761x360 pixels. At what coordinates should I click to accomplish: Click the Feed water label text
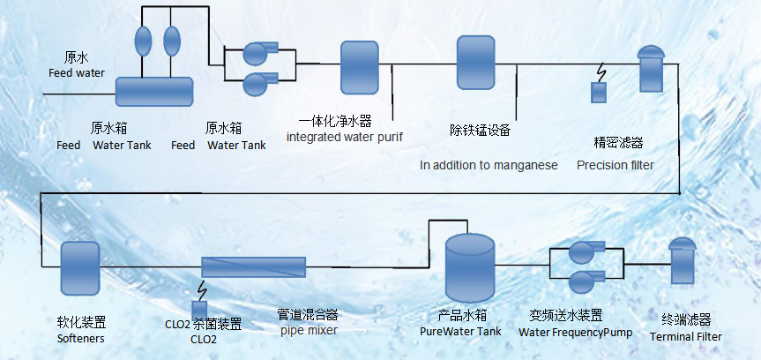[x=76, y=72]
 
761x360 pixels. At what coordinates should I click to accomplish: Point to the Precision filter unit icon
[x=650, y=70]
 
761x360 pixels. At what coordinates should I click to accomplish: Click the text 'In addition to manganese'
[x=488, y=165]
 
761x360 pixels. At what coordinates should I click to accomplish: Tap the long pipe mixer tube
[x=253, y=266]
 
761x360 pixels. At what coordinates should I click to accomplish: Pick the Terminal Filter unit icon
[x=683, y=264]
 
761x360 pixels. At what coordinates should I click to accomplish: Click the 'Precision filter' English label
[x=616, y=165]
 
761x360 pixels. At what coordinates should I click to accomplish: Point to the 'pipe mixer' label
[x=309, y=330]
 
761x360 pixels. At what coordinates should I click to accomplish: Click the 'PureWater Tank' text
[x=460, y=331]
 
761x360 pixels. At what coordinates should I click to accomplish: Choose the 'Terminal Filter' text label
[x=685, y=336]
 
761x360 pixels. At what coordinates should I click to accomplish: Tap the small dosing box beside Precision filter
[x=599, y=92]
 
